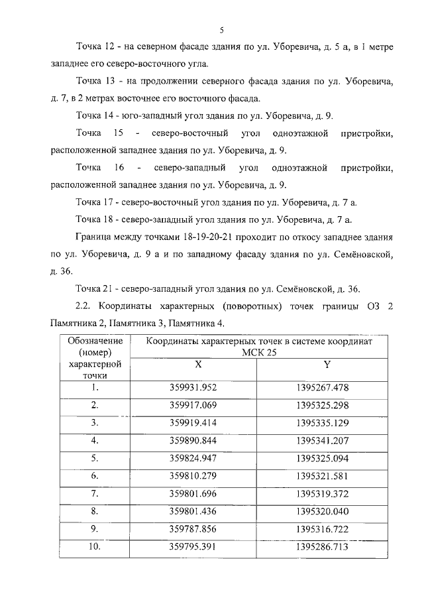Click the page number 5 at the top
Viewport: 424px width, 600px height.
pyautogui.click(x=222, y=30)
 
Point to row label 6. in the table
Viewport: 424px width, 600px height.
pyautogui.click(x=94, y=476)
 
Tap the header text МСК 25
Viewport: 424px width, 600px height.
pyautogui.click(x=259, y=352)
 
